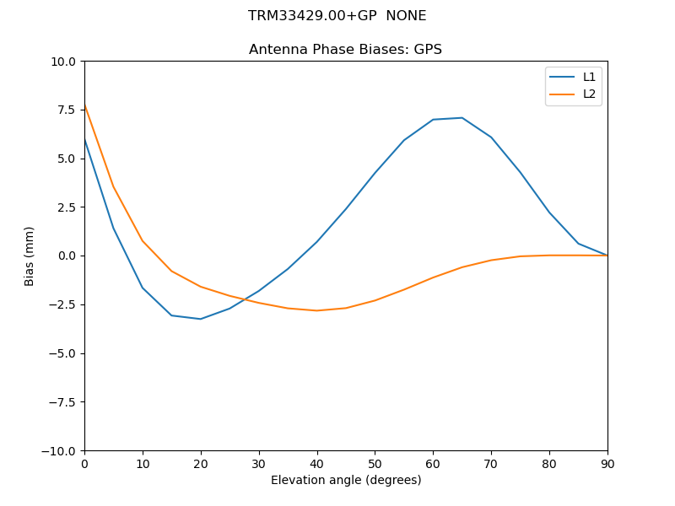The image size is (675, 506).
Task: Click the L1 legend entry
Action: pyautogui.click(x=589, y=77)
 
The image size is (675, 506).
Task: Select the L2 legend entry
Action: pyautogui.click(x=589, y=94)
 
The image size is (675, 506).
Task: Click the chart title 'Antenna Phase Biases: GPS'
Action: pyautogui.click(x=345, y=50)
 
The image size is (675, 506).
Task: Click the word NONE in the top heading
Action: pyautogui.click(x=406, y=16)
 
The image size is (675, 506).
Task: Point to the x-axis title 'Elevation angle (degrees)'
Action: pyautogui.click(x=346, y=481)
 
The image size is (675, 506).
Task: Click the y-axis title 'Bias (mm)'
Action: pyautogui.click(x=30, y=256)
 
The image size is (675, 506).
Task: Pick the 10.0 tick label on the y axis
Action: pyautogui.click(x=64, y=62)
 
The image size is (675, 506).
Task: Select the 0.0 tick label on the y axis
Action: pyautogui.click(x=67, y=256)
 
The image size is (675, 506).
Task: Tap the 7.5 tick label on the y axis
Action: pyautogui.click(x=67, y=110)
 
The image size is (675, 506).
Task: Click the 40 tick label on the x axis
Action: pyautogui.click(x=316, y=464)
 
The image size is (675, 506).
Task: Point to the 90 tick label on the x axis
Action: pyautogui.click(x=607, y=464)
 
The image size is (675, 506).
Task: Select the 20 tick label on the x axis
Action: pyautogui.click(x=201, y=464)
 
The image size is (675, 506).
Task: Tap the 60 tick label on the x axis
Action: pyautogui.click(x=433, y=464)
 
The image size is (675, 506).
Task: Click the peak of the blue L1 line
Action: pyautogui.click(x=462, y=118)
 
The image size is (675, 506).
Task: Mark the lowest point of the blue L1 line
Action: pyautogui.click(x=201, y=319)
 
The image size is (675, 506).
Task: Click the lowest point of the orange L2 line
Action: pyautogui.click(x=316, y=310)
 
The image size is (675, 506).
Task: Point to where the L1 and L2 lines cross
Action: pyautogui.click(x=243, y=299)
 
